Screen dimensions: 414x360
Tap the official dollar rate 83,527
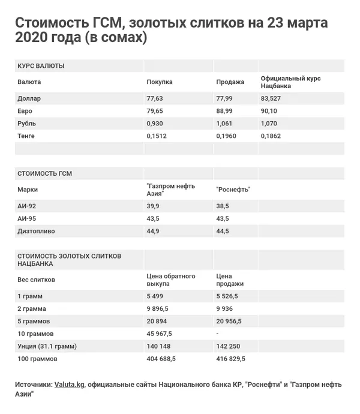tap(271, 98)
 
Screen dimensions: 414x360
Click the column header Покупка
tap(160, 82)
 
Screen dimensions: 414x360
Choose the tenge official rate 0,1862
tap(272, 136)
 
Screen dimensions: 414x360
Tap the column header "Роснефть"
tap(233, 190)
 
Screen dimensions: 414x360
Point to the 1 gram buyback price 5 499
tap(156, 296)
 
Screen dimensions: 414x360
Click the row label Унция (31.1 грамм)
tap(47, 346)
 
